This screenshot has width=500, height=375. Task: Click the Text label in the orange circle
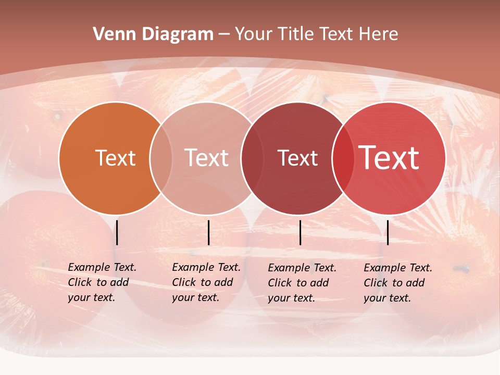point(115,158)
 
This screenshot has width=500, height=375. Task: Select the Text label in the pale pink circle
point(207,158)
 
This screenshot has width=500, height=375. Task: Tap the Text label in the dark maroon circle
point(297,158)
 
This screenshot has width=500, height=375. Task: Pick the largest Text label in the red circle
point(389,158)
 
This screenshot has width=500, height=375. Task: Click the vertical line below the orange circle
point(117,232)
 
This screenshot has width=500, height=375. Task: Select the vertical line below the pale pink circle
point(208,232)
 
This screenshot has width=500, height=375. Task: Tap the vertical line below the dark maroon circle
point(301,232)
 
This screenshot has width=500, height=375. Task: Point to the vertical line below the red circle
point(387,232)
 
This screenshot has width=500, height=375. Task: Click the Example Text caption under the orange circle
point(102,282)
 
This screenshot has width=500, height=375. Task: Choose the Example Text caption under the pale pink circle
point(206,282)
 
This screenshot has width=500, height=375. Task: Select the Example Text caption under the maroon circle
point(302,283)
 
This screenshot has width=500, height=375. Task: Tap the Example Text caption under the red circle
point(398,283)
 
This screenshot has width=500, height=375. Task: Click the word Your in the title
point(254,34)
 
